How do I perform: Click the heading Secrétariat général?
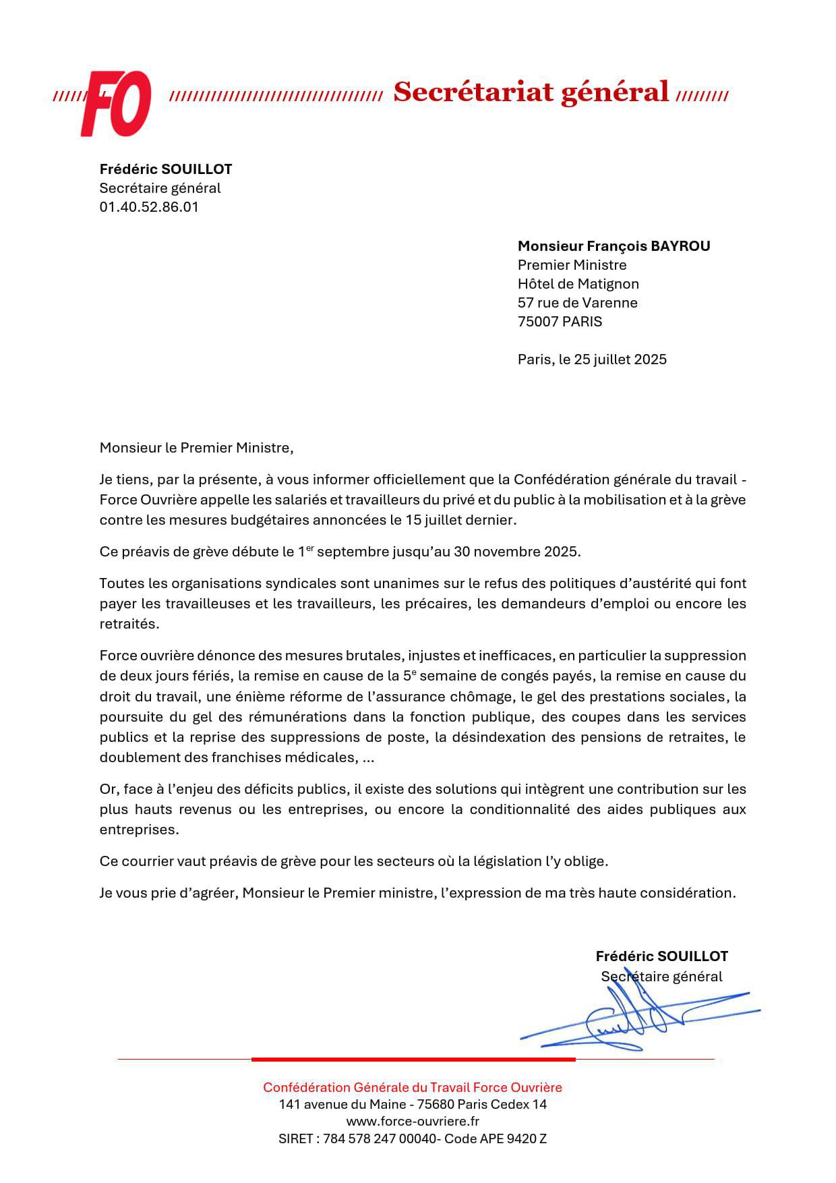[x=531, y=92]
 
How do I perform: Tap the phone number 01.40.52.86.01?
[x=149, y=207]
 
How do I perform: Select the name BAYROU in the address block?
[x=680, y=246]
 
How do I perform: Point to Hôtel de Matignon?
[x=578, y=284]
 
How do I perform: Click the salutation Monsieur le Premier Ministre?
[x=196, y=448]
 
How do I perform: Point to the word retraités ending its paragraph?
[x=128, y=624]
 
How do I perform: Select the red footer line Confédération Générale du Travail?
[x=412, y=1087]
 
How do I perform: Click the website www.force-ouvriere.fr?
[x=412, y=1122]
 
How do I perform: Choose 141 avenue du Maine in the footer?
[x=340, y=1105]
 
